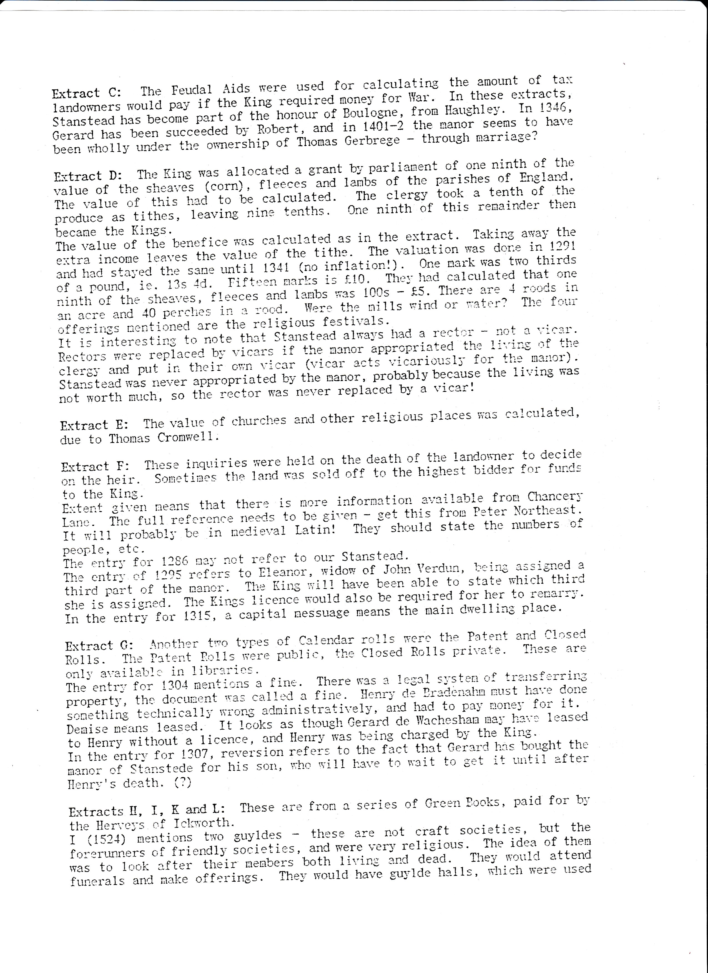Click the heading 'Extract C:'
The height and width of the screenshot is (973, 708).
pos(86,93)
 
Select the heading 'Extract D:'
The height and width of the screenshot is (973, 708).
pos(88,176)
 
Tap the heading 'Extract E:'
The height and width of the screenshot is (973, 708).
pos(94,425)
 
